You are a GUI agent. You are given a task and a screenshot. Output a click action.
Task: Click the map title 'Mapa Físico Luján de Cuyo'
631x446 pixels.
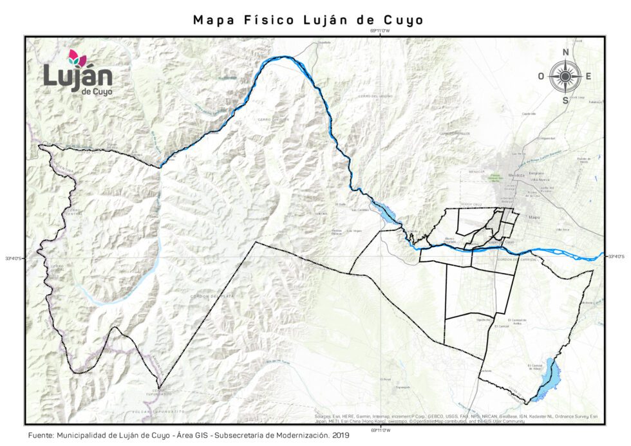pyautogui.click(x=308, y=20)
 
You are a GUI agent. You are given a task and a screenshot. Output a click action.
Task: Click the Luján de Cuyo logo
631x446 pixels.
pyautogui.click(x=78, y=72)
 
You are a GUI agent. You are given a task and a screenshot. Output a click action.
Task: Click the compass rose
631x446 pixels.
pyautogui.click(x=565, y=77)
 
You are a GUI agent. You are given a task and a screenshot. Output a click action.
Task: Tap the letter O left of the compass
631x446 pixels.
pyautogui.click(x=542, y=77)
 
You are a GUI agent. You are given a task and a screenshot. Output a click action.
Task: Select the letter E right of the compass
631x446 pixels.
pyautogui.click(x=589, y=77)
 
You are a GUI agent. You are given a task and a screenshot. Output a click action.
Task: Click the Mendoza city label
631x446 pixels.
pyautogui.click(x=517, y=174)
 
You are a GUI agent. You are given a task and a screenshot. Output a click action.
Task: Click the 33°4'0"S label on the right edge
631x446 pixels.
pyautogui.click(x=616, y=256)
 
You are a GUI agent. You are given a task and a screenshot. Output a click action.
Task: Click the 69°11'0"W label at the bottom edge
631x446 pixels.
pyautogui.click(x=381, y=429)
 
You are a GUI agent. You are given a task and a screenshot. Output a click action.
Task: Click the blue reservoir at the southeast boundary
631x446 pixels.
pyautogui.click(x=551, y=378)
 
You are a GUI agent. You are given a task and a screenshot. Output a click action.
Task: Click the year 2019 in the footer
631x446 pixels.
pyautogui.click(x=339, y=436)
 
